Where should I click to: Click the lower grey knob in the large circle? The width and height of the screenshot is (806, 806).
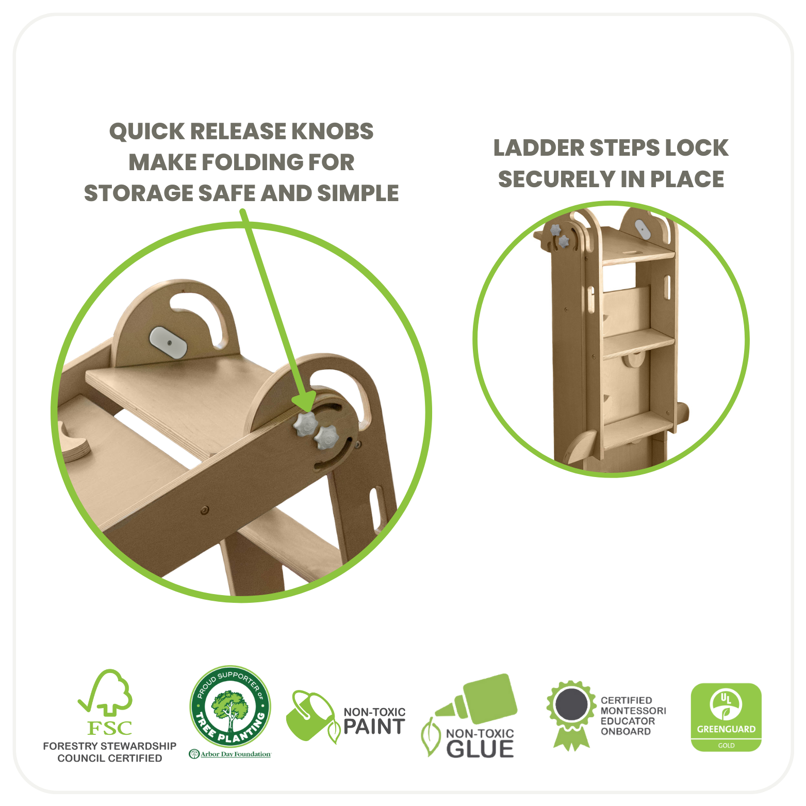[x=326, y=438]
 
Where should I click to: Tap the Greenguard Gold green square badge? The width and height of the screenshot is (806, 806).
[x=726, y=717]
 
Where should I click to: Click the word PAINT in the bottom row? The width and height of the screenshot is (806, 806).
[x=374, y=727]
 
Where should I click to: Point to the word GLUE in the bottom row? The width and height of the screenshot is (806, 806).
[x=480, y=749]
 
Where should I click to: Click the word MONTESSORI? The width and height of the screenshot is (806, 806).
[x=633, y=711]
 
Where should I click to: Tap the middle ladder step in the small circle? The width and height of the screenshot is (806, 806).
[x=638, y=341]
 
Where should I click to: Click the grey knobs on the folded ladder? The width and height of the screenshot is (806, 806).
[x=560, y=235]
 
